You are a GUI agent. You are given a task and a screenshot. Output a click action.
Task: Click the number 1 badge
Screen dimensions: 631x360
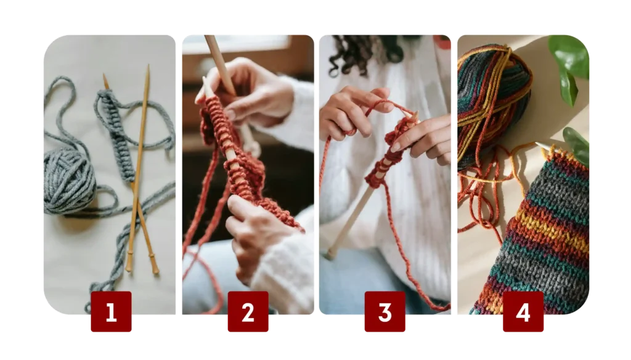click(x=111, y=311)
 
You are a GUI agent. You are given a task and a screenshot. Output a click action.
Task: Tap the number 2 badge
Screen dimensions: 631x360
click(x=248, y=311)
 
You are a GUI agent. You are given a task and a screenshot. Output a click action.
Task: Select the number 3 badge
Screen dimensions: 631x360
click(x=385, y=311)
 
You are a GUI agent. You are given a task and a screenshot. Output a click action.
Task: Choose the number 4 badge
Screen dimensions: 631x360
click(x=523, y=311)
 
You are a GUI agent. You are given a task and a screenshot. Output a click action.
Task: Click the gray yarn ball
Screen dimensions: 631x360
click(x=69, y=181)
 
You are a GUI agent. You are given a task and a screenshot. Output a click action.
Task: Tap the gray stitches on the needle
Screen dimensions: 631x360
click(x=116, y=135)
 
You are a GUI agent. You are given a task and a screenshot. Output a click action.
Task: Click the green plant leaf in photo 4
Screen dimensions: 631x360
click(x=569, y=65)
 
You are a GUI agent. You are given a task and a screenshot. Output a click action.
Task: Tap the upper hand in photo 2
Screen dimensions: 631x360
click(x=250, y=92)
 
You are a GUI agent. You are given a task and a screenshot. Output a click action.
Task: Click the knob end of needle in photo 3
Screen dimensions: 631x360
click(x=330, y=255)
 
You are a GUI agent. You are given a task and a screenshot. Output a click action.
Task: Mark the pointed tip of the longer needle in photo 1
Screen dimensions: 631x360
click(x=149, y=65)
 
